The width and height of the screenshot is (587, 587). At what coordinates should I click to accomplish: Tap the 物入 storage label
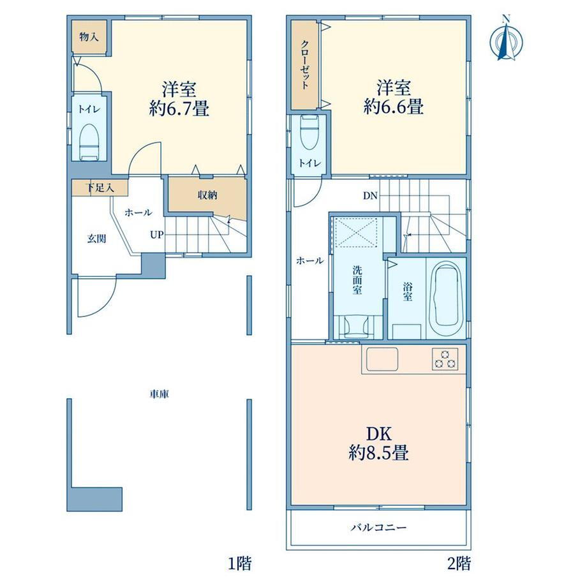[x=89, y=37]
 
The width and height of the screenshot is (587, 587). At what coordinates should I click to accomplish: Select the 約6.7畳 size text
[x=179, y=109]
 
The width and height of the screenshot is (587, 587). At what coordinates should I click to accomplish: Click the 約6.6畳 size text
[x=394, y=107]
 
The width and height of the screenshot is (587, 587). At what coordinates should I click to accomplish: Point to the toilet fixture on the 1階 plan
[x=89, y=142]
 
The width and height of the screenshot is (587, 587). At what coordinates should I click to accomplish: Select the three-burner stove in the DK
[x=445, y=359]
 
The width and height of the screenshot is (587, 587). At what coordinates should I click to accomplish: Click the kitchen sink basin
[x=383, y=359]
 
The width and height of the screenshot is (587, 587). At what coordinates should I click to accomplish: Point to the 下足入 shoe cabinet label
[x=100, y=188]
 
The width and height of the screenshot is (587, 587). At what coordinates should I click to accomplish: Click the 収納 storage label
[x=207, y=195]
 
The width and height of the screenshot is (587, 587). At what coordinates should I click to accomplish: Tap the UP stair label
[x=157, y=235]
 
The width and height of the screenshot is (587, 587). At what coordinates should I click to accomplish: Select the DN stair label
[x=370, y=195]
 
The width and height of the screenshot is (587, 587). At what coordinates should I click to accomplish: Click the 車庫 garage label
[x=160, y=394]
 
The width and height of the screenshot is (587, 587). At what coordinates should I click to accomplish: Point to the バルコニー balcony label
[x=378, y=528]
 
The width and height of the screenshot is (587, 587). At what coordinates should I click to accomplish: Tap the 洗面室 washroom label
[x=357, y=280]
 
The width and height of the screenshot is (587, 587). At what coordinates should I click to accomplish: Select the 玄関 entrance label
[x=96, y=239]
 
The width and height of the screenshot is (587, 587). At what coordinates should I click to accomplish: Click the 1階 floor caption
[x=240, y=563]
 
